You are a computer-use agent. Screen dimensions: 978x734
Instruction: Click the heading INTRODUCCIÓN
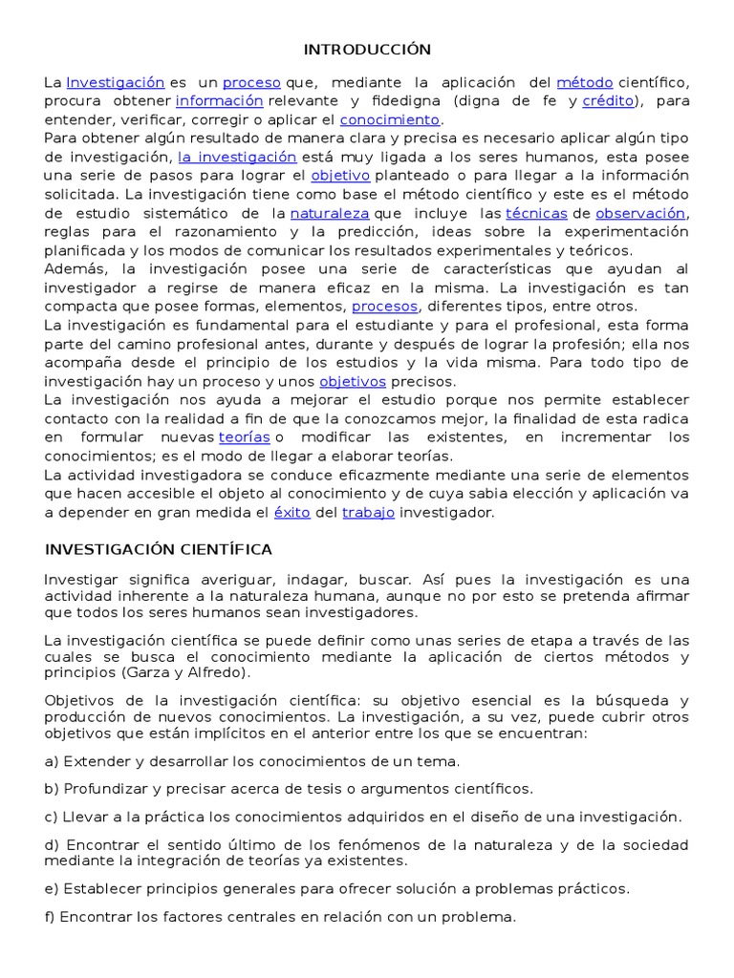(x=367, y=50)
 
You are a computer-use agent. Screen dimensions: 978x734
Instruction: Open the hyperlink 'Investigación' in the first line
(x=116, y=83)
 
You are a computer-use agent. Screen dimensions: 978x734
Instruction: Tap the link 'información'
(x=219, y=101)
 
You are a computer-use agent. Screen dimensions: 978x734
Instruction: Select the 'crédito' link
(x=609, y=101)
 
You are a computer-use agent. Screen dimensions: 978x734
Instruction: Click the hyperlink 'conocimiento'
(x=390, y=119)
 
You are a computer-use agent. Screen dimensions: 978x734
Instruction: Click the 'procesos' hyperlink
(x=384, y=307)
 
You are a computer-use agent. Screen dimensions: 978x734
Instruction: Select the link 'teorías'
(x=243, y=436)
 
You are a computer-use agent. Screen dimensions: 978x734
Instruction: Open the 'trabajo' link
(x=368, y=512)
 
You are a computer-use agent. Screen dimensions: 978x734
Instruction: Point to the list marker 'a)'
(x=52, y=761)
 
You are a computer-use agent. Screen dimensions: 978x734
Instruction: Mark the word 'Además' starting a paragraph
(x=74, y=268)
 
